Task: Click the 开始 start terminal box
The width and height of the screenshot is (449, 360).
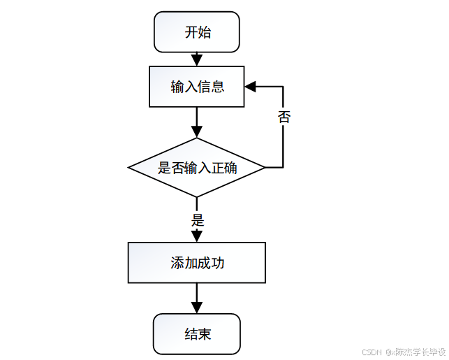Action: point(197,32)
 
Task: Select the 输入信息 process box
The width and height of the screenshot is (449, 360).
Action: point(197,87)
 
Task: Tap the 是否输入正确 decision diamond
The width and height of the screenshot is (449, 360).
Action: point(197,168)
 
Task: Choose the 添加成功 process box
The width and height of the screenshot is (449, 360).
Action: point(197,263)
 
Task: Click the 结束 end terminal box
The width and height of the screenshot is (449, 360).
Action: point(197,334)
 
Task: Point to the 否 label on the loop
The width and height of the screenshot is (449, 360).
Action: point(284,117)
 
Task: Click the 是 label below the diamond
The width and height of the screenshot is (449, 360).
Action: point(198,219)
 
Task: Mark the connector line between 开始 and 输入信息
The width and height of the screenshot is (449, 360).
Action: point(197,59)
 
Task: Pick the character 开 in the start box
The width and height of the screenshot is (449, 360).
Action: point(191,32)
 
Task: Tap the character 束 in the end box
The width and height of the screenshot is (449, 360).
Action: point(204,334)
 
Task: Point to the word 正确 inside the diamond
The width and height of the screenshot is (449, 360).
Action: point(223,168)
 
